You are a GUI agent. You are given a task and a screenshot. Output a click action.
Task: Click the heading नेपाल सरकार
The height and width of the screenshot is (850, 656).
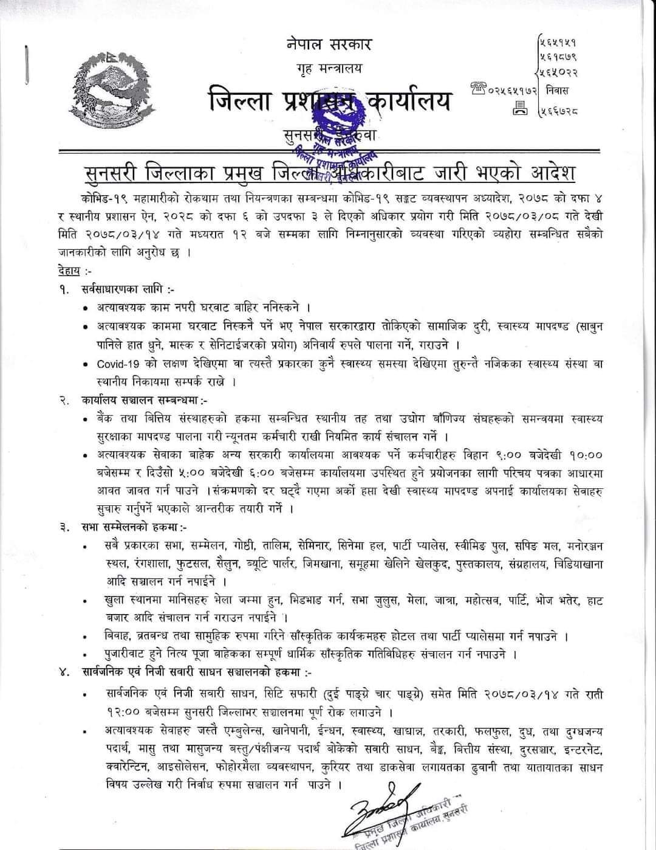coord(328,44)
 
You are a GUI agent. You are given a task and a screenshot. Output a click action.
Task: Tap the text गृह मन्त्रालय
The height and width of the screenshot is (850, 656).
coord(329,68)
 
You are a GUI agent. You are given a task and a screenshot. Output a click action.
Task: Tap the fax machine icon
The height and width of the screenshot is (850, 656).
coord(520,111)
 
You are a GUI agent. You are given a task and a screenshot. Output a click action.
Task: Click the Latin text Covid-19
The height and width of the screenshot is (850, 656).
coord(118,364)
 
